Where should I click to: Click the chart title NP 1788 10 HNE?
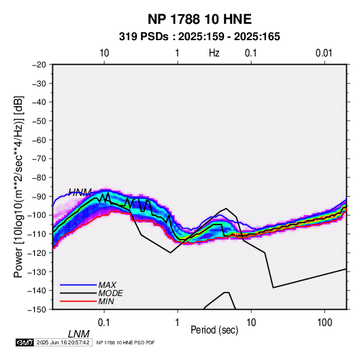(x=199, y=19)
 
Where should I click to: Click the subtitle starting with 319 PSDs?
(x=199, y=37)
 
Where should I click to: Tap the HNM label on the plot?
(x=80, y=192)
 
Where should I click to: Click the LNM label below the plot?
(x=79, y=334)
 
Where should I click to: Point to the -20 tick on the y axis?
(x=39, y=65)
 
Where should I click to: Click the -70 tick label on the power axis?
(x=39, y=159)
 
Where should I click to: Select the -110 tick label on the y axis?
(x=37, y=234)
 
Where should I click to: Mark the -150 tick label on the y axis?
(x=37, y=310)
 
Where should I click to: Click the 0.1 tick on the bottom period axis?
(x=104, y=323)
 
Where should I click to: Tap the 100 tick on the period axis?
(x=325, y=323)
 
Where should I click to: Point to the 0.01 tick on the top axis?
(x=324, y=53)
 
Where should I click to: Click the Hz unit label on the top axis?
(x=214, y=53)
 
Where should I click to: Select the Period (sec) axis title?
(x=214, y=330)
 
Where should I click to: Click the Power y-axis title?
(x=18, y=187)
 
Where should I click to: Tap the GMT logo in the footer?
(x=25, y=342)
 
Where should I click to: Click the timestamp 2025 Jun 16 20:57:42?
(x=63, y=342)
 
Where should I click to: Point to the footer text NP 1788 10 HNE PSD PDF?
(x=125, y=342)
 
